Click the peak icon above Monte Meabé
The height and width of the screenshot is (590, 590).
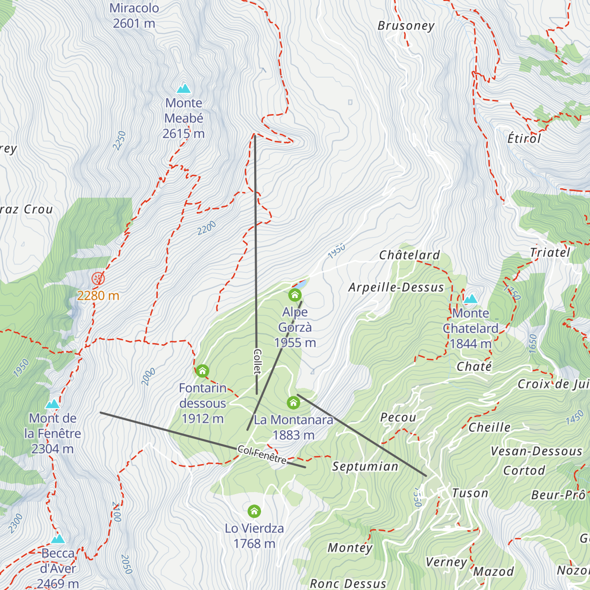click(x=184, y=89)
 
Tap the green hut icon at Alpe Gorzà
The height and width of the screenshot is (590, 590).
click(x=295, y=295)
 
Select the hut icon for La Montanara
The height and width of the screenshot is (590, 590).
click(x=293, y=403)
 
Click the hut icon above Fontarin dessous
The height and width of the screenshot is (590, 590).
click(x=203, y=371)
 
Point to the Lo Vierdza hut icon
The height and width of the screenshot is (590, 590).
click(x=254, y=511)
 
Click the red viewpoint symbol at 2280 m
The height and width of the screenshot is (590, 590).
click(x=98, y=279)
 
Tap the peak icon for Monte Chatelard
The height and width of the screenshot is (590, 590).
click(x=471, y=299)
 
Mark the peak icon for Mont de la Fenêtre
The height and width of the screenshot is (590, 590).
click(x=52, y=404)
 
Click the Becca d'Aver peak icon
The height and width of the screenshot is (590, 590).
click(x=58, y=539)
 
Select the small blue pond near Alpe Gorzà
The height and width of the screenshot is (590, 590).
click(x=300, y=285)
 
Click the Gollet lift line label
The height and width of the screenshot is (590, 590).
click(x=257, y=362)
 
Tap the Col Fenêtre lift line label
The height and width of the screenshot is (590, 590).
click(x=262, y=455)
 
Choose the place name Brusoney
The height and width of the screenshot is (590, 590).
click(x=406, y=26)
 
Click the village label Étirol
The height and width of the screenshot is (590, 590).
click(x=524, y=139)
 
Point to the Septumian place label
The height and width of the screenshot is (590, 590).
click(x=365, y=467)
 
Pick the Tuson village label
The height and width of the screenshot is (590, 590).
click(x=470, y=493)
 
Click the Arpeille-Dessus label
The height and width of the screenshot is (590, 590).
click(x=396, y=288)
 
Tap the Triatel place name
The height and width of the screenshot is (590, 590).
click(x=550, y=253)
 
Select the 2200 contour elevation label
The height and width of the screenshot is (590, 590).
click(x=207, y=228)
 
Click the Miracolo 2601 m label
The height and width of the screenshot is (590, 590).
click(x=134, y=16)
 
